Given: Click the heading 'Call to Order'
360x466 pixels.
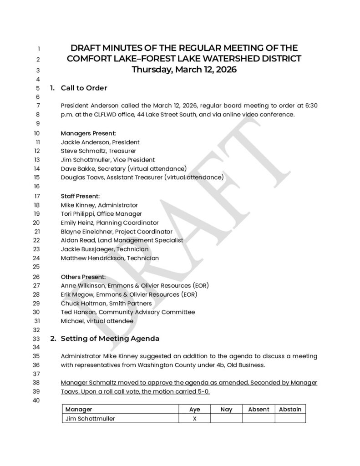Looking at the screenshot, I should pos(84,88).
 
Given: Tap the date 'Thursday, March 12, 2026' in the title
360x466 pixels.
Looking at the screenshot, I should pos(184,70).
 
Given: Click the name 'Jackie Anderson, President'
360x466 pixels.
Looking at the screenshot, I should pos(100,142).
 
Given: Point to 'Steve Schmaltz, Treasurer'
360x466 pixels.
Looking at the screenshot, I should pos(98,151).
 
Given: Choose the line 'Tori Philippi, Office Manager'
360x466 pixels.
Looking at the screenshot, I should pos(101,213).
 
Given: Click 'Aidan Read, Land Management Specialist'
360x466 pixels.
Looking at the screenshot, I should pos(122,240).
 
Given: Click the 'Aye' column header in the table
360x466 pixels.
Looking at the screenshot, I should pos(194,409).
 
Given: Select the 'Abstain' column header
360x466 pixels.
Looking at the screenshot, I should pos(290,409).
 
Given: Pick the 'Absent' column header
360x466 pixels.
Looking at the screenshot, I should pos(259,409).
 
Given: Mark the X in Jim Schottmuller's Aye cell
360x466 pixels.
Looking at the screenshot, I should pos(194,419).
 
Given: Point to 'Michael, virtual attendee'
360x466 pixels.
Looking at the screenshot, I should pos(97,320).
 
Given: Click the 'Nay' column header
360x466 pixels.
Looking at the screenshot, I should pos(226,409).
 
